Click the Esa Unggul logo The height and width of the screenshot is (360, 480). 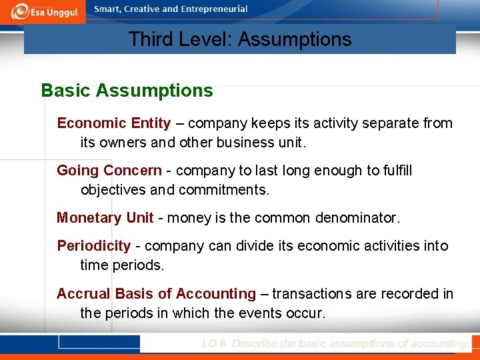pyautogui.click(x=43, y=11)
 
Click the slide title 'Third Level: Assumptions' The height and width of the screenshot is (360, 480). pyautogui.click(x=240, y=39)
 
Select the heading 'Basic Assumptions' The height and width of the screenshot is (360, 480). pyautogui.click(x=127, y=91)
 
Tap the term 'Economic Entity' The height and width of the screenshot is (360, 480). pyautogui.click(x=113, y=123)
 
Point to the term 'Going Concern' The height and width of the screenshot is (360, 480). pyautogui.click(x=109, y=171)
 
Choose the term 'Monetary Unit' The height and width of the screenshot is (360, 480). pyautogui.click(x=105, y=218)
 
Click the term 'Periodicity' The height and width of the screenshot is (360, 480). pyautogui.click(x=94, y=246)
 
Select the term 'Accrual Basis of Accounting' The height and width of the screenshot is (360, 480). pyautogui.click(x=156, y=294)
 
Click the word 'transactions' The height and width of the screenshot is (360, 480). pyautogui.click(x=311, y=294)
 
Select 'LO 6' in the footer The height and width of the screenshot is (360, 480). pyautogui.click(x=214, y=344)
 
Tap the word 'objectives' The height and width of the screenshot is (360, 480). pyautogui.click(x=113, y=190)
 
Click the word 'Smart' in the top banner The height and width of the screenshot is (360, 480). pyautogui.click(x=107, y=9)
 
